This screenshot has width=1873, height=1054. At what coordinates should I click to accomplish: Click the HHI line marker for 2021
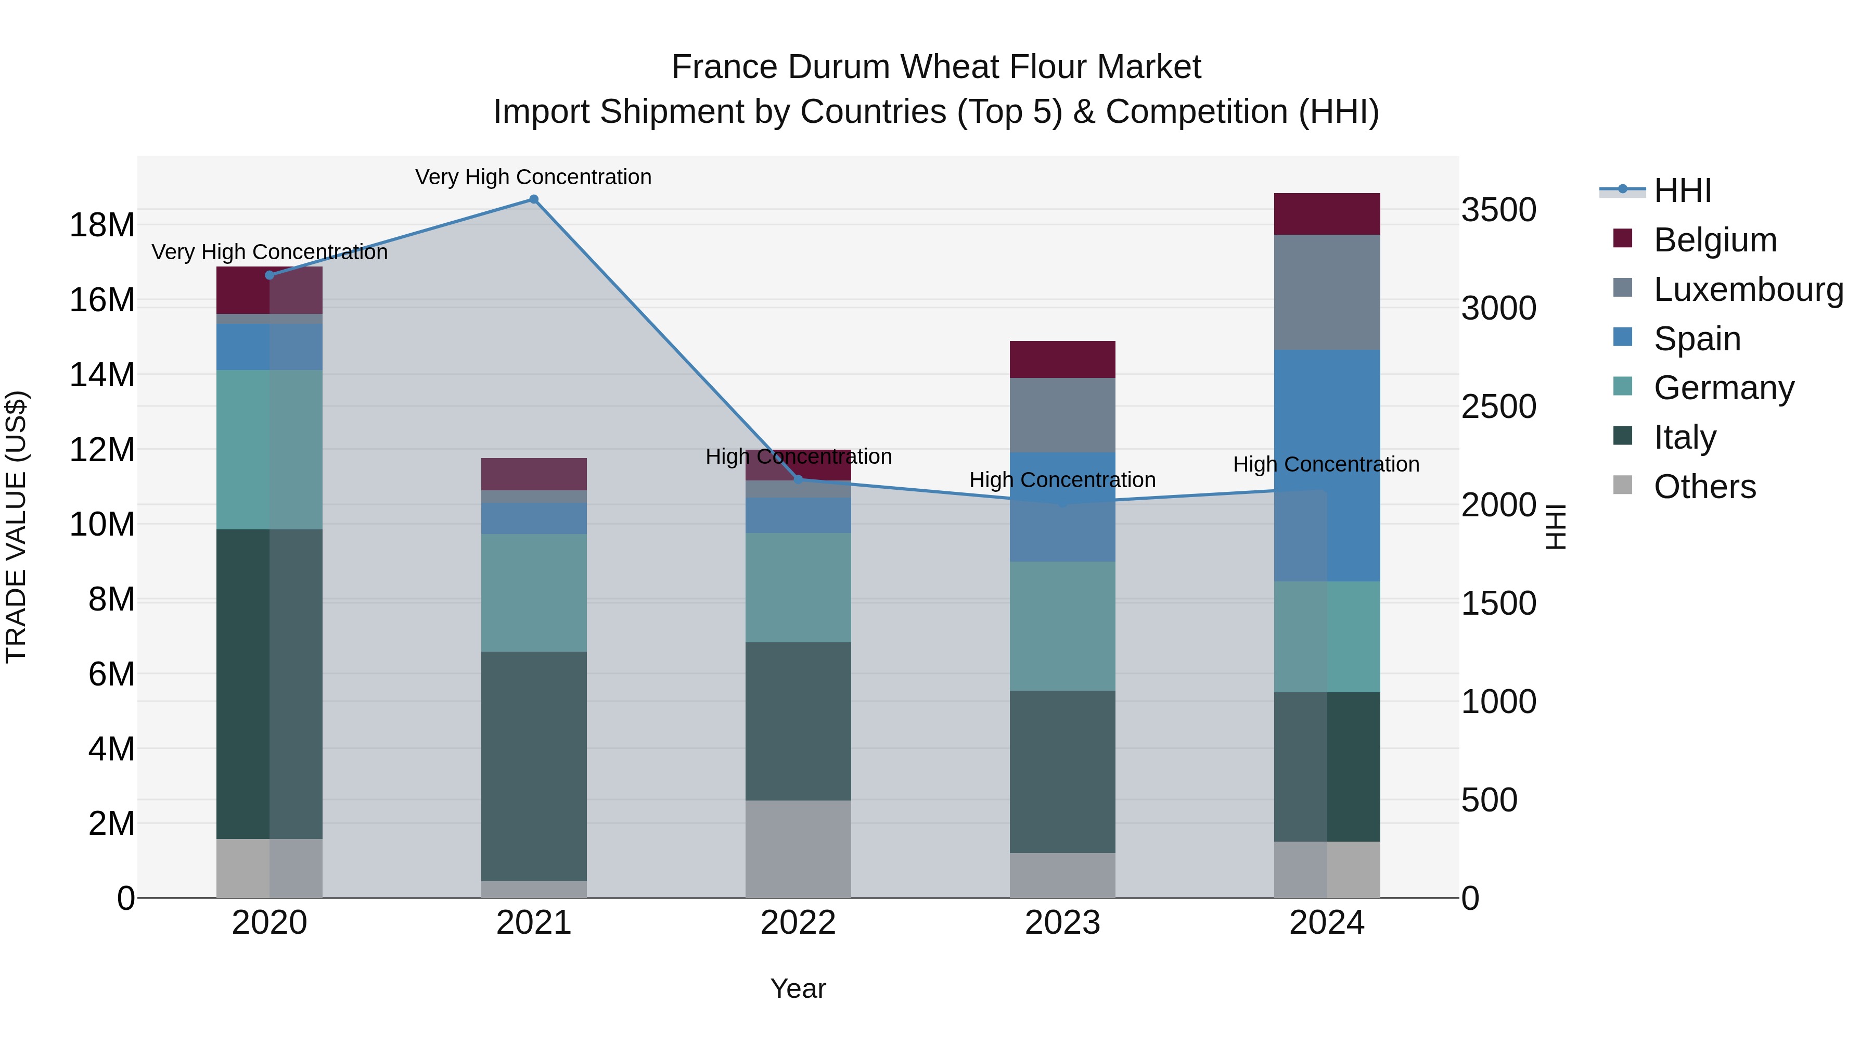pos(534,199)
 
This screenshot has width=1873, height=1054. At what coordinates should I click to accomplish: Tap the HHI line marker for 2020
pos(270,275)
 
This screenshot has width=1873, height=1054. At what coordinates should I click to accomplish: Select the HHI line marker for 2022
pos(798,479)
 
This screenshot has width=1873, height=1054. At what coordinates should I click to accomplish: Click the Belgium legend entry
pos(1714,240)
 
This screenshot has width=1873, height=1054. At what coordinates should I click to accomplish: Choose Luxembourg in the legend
pos(1748,289)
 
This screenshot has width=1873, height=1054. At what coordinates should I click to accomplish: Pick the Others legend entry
pos(1704,487)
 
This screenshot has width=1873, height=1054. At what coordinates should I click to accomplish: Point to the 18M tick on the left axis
pos(102,225)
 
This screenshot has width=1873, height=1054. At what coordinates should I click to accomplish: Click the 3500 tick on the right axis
pos(1498,210)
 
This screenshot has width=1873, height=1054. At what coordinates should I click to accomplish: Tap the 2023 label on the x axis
pos(1062,923)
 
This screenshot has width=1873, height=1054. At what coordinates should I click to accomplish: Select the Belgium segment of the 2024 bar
pos(1327,214)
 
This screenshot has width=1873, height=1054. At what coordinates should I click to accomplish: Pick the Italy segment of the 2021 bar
pos(534,766)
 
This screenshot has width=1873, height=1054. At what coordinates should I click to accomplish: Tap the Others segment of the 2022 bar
pos(798,849)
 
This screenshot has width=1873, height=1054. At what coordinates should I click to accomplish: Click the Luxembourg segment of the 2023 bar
pos(1062,415)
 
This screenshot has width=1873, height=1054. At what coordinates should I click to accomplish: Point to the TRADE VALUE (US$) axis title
pos(16,527)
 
